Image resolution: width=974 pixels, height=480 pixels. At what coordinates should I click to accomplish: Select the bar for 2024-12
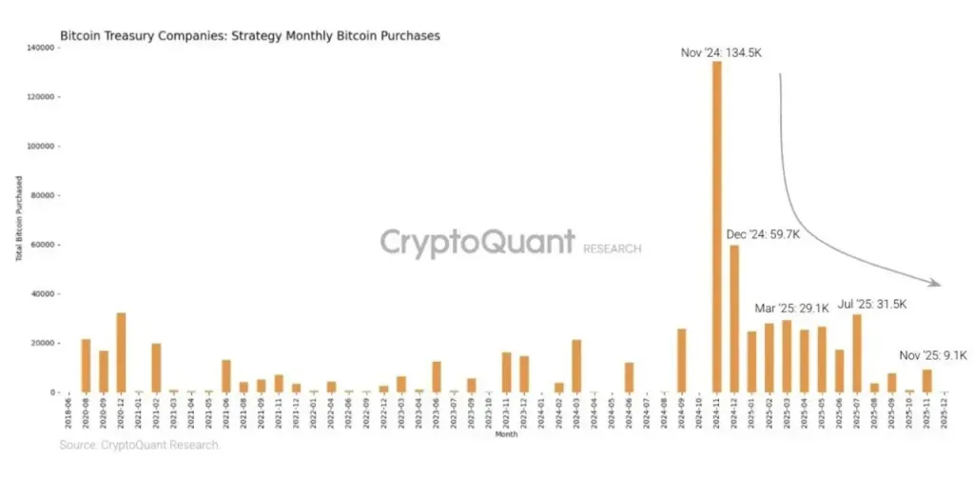734,318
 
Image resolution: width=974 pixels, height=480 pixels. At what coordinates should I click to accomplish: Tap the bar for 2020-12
121,352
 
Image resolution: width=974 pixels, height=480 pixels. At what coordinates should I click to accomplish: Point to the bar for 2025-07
857,352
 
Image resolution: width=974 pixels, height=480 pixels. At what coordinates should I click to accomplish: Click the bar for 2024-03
576,366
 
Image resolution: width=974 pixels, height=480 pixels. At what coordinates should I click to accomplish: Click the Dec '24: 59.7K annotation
763,233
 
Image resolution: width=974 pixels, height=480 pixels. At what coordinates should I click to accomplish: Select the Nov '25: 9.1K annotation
933,355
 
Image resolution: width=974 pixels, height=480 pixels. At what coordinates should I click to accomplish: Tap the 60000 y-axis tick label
46,245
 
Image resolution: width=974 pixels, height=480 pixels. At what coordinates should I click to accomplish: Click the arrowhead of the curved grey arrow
937,283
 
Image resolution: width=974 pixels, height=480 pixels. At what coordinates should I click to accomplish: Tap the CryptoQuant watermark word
477,242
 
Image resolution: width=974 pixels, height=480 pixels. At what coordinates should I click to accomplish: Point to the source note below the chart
140,445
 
